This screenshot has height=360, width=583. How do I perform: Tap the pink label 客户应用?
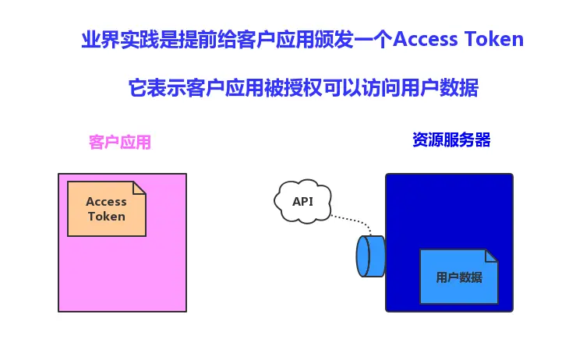(119, 143)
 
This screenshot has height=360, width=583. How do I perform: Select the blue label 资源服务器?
(451, 140)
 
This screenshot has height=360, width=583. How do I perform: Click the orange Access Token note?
(107, 209)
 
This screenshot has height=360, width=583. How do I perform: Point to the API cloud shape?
(302, 201)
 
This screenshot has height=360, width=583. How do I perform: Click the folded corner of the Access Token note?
(140, 188)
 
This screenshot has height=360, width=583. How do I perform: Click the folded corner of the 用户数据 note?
(490, 256)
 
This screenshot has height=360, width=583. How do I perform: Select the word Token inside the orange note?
(107, 216)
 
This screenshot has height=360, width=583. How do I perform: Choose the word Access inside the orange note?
(107, 201)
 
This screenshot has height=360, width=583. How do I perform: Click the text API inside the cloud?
(302, 201)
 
